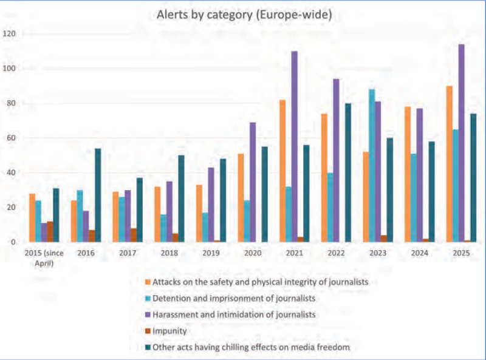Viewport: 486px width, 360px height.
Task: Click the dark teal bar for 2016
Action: [98, 195]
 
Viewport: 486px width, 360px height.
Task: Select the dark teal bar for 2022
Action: [348, 172]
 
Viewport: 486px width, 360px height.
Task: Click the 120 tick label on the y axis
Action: [10, 33]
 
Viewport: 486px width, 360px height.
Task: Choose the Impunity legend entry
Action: [169, 331]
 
